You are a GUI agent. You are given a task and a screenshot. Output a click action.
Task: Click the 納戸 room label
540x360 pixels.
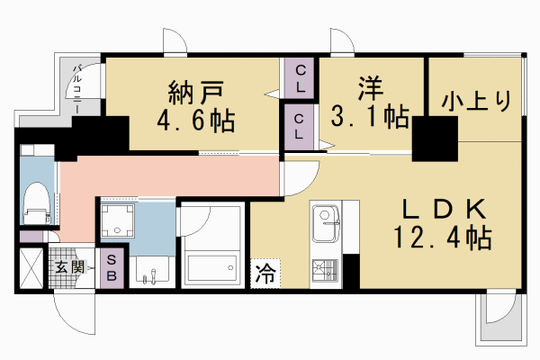tap(194, 92)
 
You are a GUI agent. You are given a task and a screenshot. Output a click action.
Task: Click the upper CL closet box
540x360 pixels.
tap(301, 78)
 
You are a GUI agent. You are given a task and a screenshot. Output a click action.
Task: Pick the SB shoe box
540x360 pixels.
tap(112, 266)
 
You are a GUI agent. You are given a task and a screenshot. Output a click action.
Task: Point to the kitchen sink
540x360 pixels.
tap(324, 219)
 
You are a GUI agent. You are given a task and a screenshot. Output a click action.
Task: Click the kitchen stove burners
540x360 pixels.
tap(324, 269)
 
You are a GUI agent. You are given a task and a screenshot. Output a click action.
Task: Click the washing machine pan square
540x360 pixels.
tap(117, 220)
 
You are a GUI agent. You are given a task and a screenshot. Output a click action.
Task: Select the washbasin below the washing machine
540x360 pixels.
tap(151, 268)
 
